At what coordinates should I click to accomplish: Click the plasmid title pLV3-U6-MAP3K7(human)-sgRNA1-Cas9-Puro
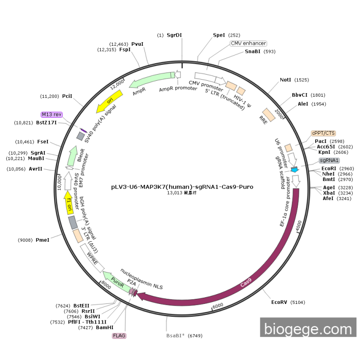click(x=182, y=187)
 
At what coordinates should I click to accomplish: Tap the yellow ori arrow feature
click(x=110, y=102)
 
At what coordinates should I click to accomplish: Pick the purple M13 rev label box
click(x=51, y=114)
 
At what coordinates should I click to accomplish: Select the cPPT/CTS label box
click(x=323, y=133)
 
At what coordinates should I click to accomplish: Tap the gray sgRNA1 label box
click(x=329, y=160)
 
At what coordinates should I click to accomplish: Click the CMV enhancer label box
click(x=248, y=43)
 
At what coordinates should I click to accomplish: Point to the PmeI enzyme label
click(x=43, y=240)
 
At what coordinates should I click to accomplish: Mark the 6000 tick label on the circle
click(x=218, y=305)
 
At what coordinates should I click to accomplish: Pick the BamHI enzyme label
click(x=104, y=328)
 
